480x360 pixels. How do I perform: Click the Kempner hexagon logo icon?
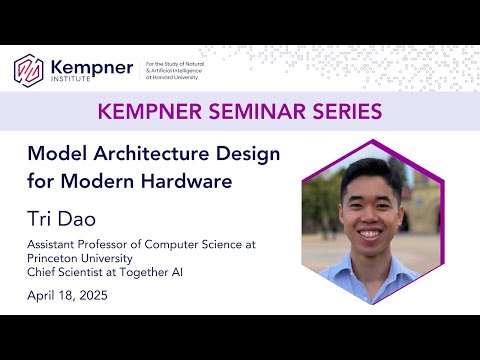(x=30, y=69)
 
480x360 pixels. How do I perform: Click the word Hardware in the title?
(x=197, y=182)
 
